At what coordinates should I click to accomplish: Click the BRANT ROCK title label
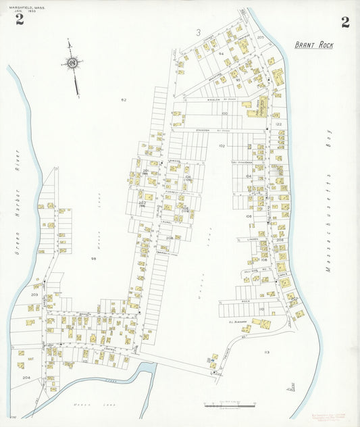click(x=313, y=45)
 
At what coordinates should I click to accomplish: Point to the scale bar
click(x=230, y=404)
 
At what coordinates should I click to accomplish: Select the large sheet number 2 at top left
click(x=20, y=20)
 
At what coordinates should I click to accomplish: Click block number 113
click(x=266, y=353)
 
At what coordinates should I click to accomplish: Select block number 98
click(x=94, y=259)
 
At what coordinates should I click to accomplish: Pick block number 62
click(x=124, y=100)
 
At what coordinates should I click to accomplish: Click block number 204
click(x=26, y=378)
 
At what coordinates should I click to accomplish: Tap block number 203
click(x=34, y=295)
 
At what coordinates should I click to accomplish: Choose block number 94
click(x=221, y=52)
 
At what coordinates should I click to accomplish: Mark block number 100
click(x=224, y=114)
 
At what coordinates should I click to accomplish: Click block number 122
click(x=277, y=125)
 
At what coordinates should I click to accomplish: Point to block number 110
click(x=261, y=309)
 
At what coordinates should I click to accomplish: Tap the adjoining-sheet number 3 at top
click(x=199, y=32)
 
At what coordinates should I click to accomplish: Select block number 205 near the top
click(x=261, y=38)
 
